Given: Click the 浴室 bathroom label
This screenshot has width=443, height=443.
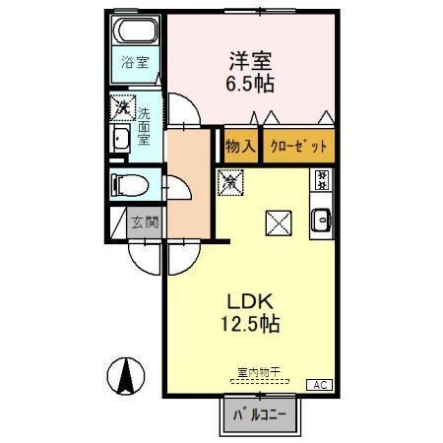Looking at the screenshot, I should (x=135, y=63).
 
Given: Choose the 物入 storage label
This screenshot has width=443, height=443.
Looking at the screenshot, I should (x=240, y=146).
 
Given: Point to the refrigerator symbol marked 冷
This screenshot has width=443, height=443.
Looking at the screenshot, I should (x=229, y=181).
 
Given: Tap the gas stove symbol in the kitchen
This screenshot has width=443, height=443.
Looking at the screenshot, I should (x=322, y=180).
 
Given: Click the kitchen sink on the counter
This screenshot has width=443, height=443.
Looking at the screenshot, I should (x=322, y=221).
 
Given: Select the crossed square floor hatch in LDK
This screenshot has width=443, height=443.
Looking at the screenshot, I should (x=277, y=223).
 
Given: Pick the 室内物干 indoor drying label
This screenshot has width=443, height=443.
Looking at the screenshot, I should (x=259, y=372).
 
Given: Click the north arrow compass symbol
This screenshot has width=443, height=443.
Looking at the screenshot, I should (x=126, y=375).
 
